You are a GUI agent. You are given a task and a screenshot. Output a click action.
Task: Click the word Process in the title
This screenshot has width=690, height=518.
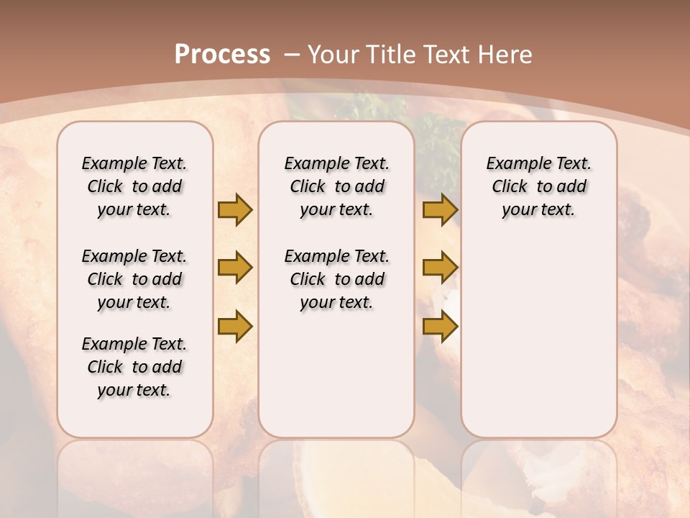[x=222, y=55]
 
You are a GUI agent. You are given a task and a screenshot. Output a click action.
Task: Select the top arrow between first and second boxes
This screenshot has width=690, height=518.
[x=235, y=209]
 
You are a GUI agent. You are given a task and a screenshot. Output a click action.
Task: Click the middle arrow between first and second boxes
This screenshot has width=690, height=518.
[x=235, y=268]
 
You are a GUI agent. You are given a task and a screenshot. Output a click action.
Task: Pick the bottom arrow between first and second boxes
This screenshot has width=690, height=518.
[x=235, y=327]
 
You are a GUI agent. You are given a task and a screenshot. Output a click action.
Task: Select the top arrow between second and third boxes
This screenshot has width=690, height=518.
[x=441, y=209]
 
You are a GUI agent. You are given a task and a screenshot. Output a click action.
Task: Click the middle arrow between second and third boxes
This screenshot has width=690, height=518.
[x=441, y=268]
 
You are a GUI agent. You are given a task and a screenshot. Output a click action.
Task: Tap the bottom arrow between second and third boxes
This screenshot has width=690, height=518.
[x=441, y=327]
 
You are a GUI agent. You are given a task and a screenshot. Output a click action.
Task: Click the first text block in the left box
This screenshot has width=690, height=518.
[x=134, y=186]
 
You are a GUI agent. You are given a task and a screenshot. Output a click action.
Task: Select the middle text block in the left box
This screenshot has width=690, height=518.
[x=134, y=279]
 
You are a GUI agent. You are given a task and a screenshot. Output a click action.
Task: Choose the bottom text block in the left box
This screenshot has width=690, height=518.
[x=134, y=367]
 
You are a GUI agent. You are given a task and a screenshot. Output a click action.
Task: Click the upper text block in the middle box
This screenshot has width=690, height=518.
[x=336, y=186]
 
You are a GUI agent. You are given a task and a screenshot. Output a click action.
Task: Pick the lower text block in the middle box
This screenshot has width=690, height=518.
[x=336, y=279]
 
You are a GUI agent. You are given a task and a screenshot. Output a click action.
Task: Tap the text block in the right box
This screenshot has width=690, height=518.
[x=538, y=186]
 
